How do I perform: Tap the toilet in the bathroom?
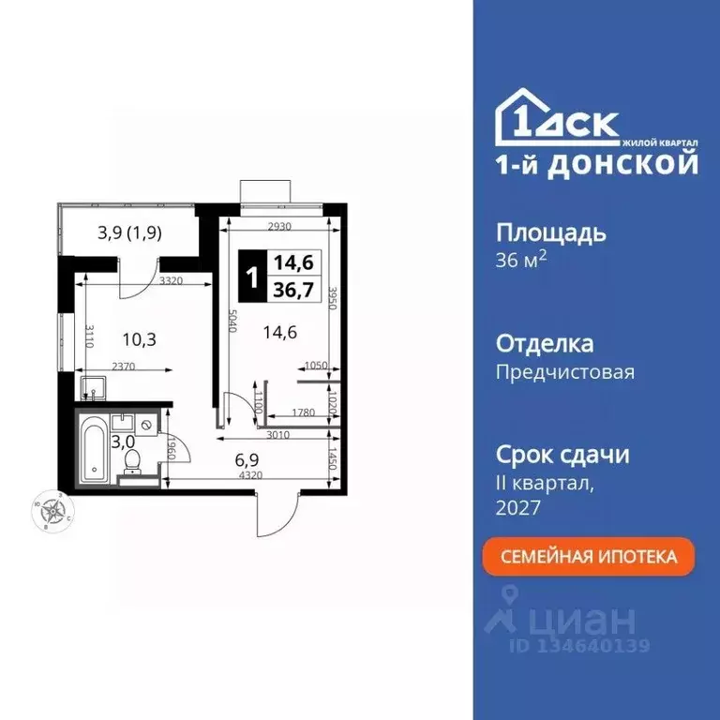click(x=132, y=460)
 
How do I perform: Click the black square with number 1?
click(x=251, y=277)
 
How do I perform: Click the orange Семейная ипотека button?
click(x=589, y=556)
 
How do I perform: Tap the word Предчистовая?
click(x=564, y=372)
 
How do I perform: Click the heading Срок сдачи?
click(x=562, y=456)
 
